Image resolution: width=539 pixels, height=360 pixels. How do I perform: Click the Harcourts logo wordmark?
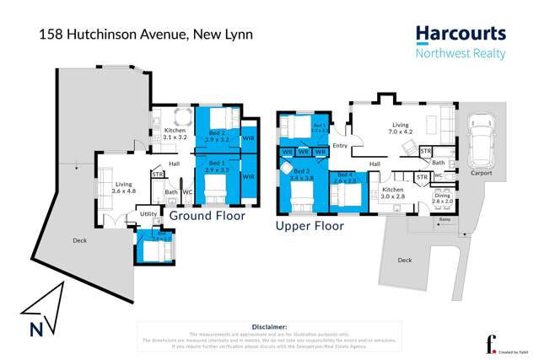click(x=460, y=35)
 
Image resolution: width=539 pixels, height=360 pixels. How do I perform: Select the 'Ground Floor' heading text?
click(x=208, y=216)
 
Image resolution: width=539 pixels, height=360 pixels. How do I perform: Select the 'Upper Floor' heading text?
click(x=310, y=226)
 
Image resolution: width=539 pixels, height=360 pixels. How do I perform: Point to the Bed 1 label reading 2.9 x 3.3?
click(x=217, y=166)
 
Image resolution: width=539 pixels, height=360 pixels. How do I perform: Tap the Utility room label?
click(x=148, y=214)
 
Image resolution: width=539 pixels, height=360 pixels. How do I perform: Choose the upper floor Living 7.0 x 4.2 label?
click(x=400, y=128)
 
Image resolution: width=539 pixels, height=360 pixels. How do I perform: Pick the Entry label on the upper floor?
click(x=340, y=146)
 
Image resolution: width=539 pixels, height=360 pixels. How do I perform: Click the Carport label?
click(x=481, y=173)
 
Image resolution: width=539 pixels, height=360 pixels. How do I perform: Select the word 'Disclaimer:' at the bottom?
click(x=269, y=325)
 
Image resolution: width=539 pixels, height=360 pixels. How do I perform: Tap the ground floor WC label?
click(x=187, y=192)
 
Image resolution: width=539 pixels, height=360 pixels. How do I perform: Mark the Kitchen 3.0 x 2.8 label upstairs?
click(x=393, y=193)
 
